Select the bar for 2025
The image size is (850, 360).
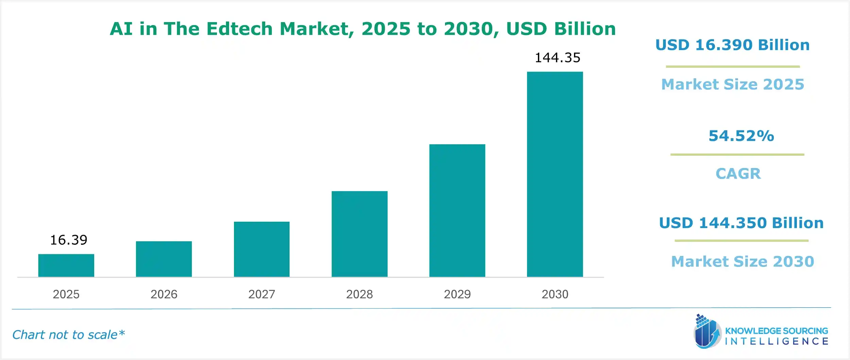(66, 265)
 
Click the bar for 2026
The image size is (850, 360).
(164, 259)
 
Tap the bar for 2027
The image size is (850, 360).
(261, 249)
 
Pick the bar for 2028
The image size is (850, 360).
(359, 234)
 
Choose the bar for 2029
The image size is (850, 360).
(457, 210)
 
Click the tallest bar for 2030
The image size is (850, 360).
(555, 174)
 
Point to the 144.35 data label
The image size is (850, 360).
(558, 58)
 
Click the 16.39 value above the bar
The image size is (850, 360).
(69, 240)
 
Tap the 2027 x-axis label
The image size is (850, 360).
(261, 294)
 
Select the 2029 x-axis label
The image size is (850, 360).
(457, 294)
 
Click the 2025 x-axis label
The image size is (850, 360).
(66, 294)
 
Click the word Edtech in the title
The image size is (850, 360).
(239, 29)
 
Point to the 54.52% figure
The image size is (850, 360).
(741, 136)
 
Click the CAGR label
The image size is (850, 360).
(738, 174)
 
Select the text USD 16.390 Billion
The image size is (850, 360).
(732, 45)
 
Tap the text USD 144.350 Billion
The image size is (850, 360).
(741, 223)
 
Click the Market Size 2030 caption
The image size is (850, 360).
(743, 261)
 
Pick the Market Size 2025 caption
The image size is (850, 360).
(733, 84)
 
